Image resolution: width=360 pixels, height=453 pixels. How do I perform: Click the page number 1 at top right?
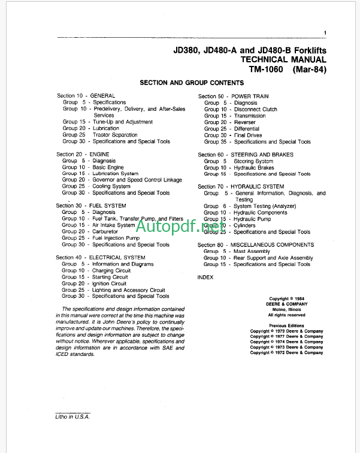(x=324, y=33)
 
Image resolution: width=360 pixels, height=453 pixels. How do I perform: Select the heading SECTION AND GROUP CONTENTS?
(x=192, y=83)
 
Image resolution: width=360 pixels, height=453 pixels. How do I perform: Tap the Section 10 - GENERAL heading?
(x=86, y=96)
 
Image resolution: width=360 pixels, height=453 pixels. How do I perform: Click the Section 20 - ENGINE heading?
(x=83, y=155)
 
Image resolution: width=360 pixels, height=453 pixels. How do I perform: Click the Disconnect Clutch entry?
(x=255, y=110)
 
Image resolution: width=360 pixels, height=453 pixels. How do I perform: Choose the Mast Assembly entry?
(x=252, y=252)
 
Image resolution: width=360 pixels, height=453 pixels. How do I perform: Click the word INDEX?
(x=205, y=278)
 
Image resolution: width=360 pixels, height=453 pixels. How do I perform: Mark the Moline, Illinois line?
(x=286, y=309)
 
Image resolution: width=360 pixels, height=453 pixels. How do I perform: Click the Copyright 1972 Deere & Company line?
(x=286, y=353)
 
